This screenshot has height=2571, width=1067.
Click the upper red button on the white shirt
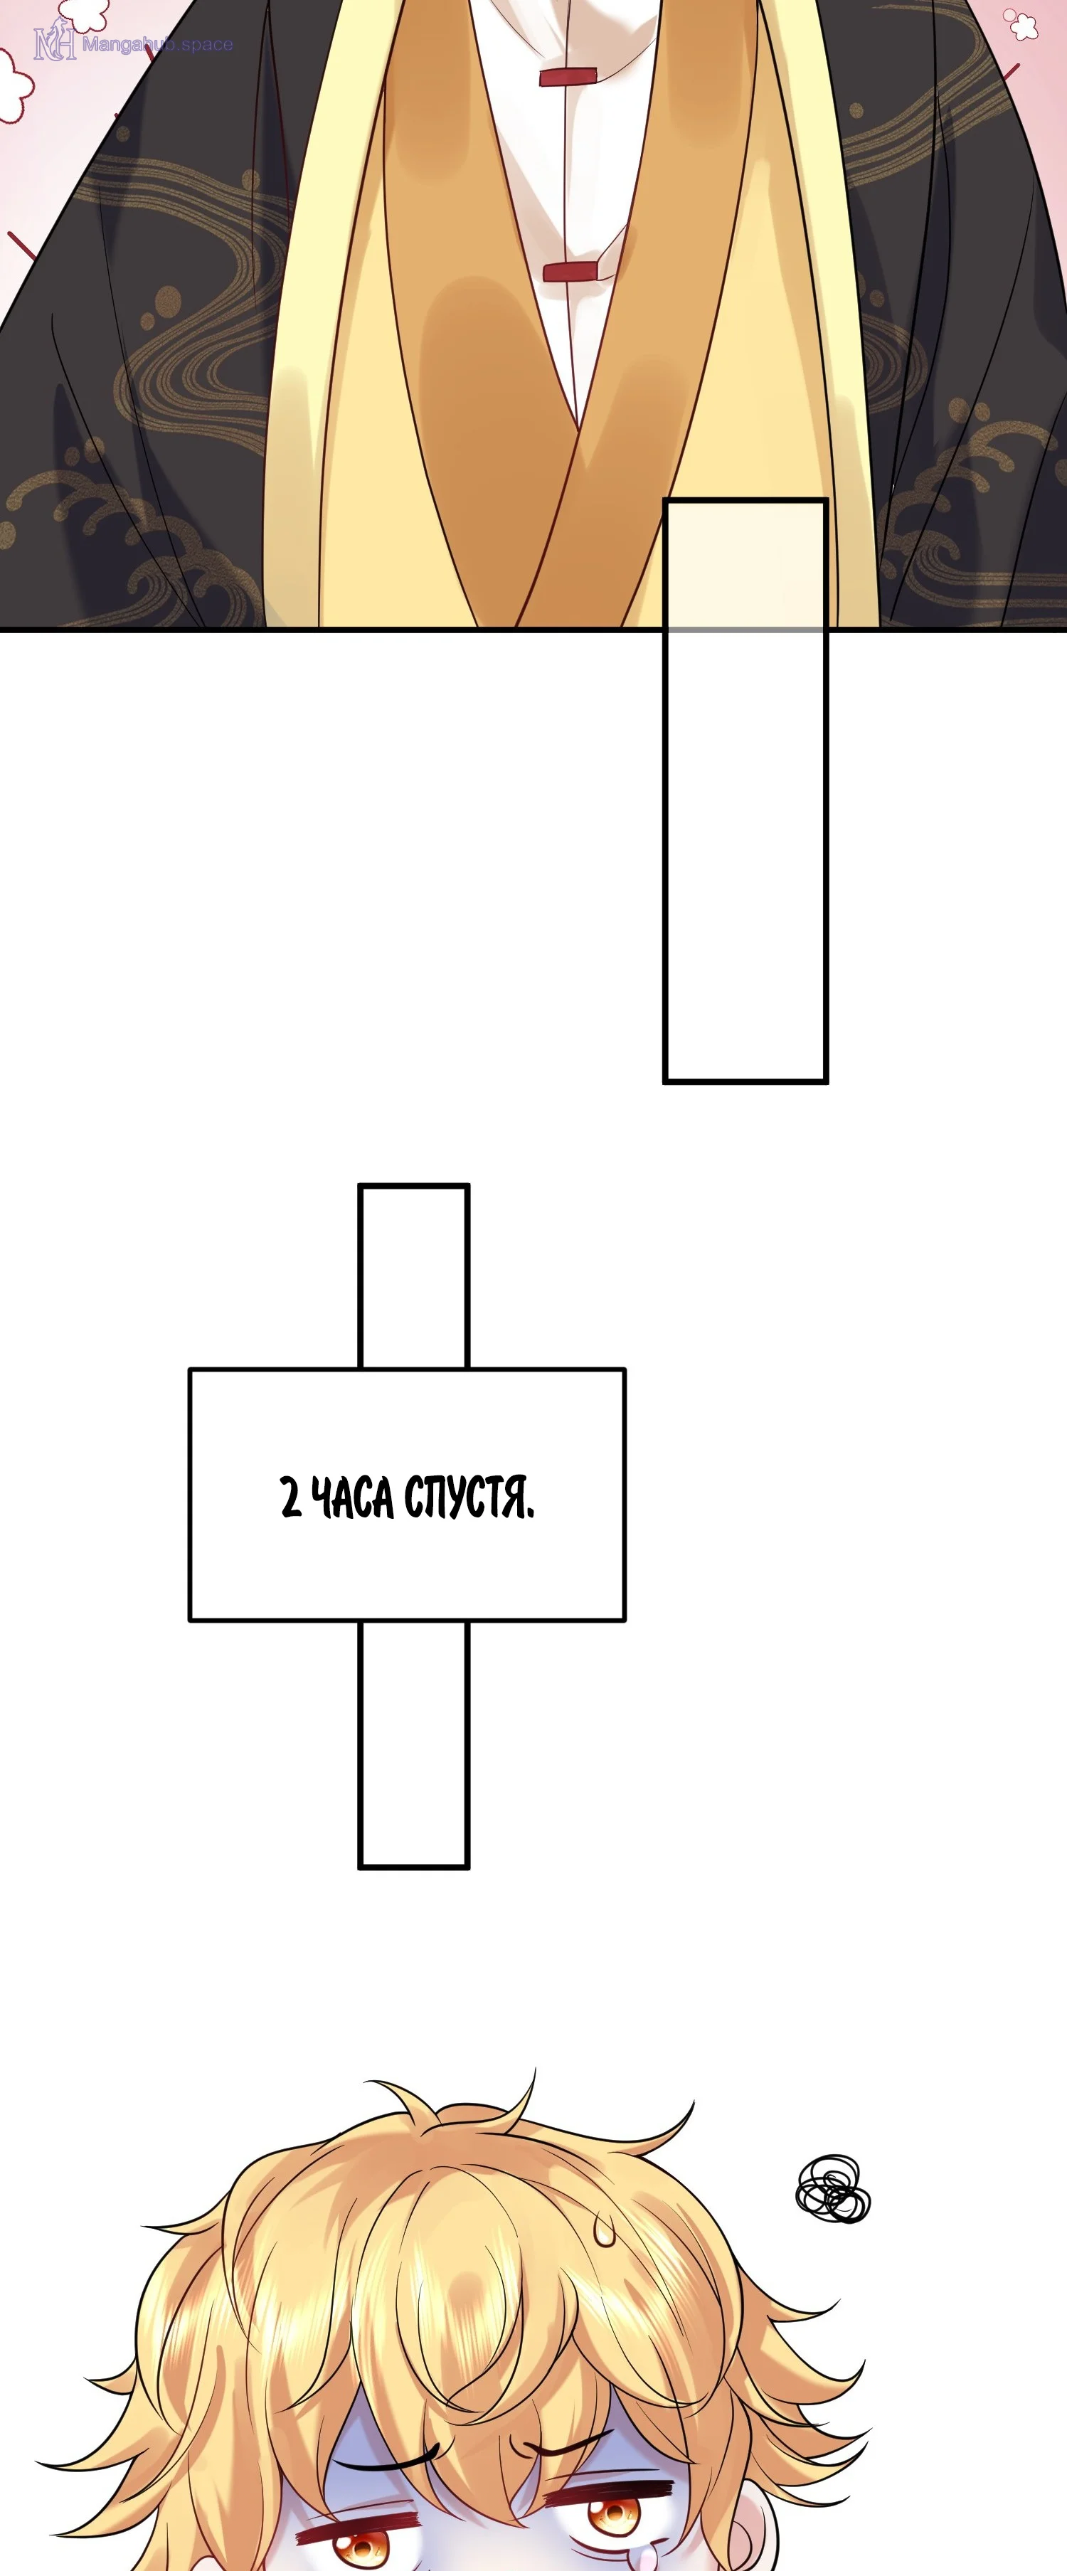[x=568, y=77]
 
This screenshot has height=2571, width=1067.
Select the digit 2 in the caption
[x=290, y=1499]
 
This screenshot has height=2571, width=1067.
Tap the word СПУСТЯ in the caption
[x=469, y=1499]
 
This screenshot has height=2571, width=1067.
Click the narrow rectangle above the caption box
[x=413, y=1276]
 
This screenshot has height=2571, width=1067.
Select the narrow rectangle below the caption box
[x=413, y=1743]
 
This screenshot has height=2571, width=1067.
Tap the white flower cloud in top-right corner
[x=1020, y=24]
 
